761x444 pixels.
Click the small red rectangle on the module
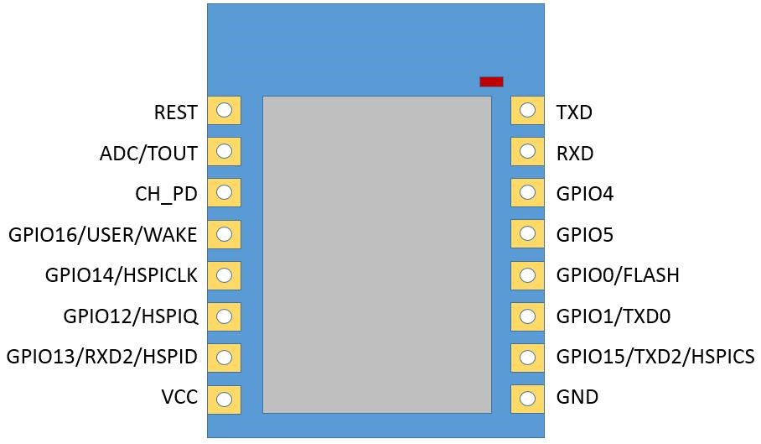pos(491,81)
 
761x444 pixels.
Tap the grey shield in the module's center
pos(376,253)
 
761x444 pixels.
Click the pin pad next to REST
pos(224,110)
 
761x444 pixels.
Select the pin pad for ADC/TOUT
pos(224,151)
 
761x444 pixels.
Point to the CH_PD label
pos(166,194)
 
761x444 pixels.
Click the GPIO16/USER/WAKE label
pos(103,235)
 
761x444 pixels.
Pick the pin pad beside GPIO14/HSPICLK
pos(224,275)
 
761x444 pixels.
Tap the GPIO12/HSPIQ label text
pos(130,316)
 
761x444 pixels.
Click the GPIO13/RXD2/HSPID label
pos(101,357)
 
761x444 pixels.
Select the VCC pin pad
pos(224,399)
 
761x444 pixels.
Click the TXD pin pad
pos(527,110)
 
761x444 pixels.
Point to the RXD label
pos(575,154)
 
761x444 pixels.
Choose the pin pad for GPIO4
pos(527,192)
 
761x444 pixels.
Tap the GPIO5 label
pos(585,235)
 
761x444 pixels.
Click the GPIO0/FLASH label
pos(618,275)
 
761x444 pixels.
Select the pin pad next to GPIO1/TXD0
pos(527,316)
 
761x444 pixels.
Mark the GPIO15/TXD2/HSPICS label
pos(655,357)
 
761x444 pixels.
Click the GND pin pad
pos(527,399)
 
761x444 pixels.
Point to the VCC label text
pos(179,398)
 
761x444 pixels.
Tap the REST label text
pos(176,112)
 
